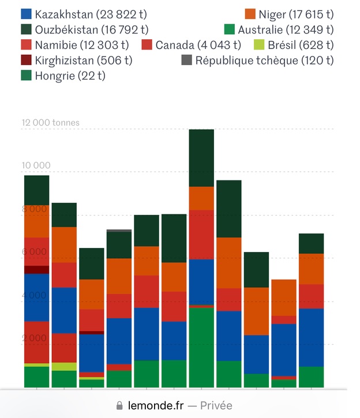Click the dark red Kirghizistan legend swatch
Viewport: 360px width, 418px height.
click(26, 60)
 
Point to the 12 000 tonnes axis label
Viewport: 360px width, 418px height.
click(51, 122)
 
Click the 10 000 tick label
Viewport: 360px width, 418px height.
click(36, 165)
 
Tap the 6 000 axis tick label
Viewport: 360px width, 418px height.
click(34, 251)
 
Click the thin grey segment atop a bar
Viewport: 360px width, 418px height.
click(118, 231)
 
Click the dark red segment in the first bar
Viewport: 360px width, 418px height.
click(36, 269)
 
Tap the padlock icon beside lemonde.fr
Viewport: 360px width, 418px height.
click(120, 405)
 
